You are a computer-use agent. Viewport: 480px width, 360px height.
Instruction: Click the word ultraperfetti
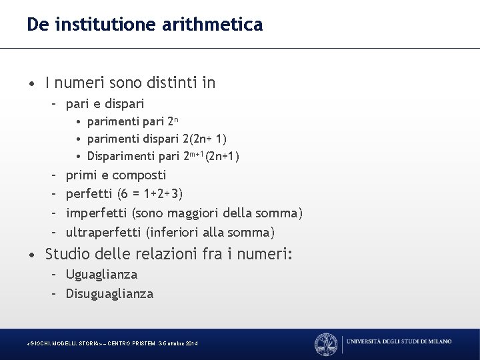(102, 232)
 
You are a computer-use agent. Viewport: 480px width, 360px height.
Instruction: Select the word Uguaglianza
(101, 274)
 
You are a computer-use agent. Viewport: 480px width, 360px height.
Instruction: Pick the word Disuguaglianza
(109, 293)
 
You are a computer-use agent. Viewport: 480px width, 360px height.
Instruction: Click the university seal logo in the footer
(326, 343)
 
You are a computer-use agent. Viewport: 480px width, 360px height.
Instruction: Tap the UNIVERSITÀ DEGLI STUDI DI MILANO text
(399, 342)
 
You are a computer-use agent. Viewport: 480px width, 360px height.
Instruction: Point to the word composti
(140, 176)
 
